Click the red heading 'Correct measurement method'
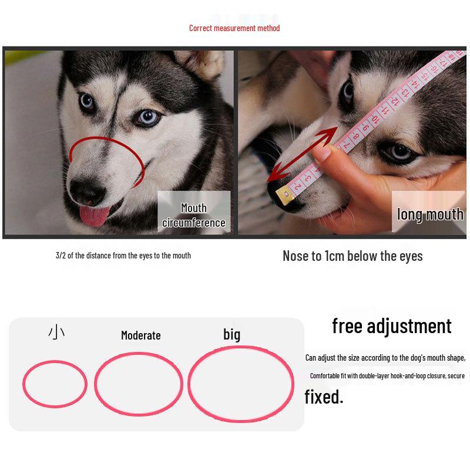234,28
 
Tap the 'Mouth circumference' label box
193,215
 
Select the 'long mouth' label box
429,214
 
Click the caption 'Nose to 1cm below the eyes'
352,256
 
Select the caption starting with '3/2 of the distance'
123,256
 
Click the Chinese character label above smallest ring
56,334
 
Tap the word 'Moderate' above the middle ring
140,335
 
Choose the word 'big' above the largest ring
231,334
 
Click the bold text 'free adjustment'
391,325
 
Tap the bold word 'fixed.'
324,397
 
